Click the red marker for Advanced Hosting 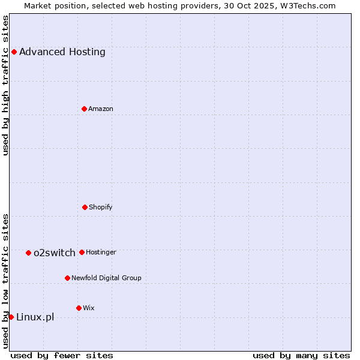[x=14, y=52]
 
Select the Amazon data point [x=84, y=109]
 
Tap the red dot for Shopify [x=85, y=207]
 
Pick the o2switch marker [x=28, y=253]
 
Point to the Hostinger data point [x=82, y=252]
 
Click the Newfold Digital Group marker [x=67, y=278]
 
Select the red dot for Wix [x=79, y=308]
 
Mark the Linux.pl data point [x=11, y=317]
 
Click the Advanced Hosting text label [x=62, y=52]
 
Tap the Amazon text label [x=101, y=109]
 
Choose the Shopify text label [x=101, y=207]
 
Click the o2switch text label [x=55, y=253]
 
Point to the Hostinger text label [x=101, y=252]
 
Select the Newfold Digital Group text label [x=106, y=278]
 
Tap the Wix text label [x=89, y=308]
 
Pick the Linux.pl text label [x=35, y=317]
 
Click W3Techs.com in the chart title [x=307, y=5]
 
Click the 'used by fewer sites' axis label [x=62, y=355]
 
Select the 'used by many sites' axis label [x=301, y=355]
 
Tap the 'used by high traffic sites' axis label [x=5, y=85]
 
